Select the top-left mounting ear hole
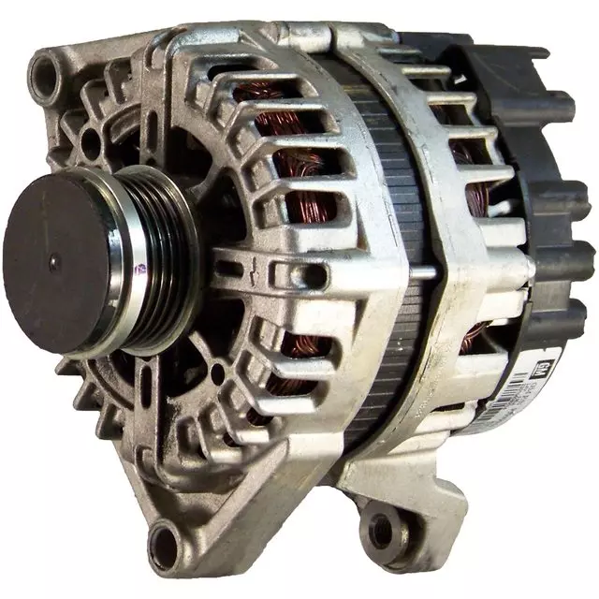44,69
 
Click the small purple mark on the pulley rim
140,269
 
